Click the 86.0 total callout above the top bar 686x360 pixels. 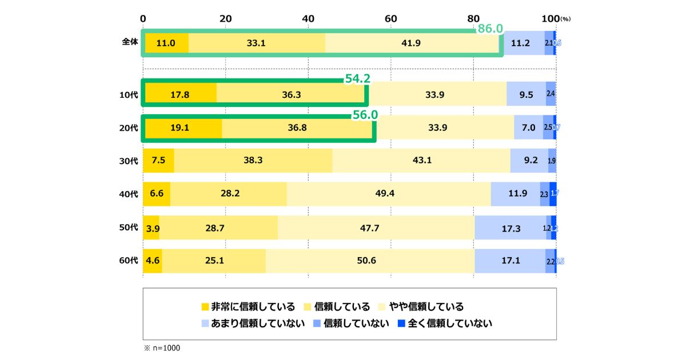coord(490,29)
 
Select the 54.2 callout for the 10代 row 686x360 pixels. coord(357,79)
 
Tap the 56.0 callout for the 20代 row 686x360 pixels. coord(365,115)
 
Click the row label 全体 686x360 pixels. coord(130,43)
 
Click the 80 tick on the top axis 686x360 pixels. coord(473,18)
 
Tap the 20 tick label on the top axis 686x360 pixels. coord(225,18)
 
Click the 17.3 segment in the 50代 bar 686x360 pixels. coord(510,228)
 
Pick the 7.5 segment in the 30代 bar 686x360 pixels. coord(158,161)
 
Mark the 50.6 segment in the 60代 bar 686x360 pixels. coord(370,261)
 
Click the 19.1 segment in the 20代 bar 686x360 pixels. coord(182,127)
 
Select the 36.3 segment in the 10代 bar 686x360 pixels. coord(292,94)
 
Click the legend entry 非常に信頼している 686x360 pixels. coord(249,306)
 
